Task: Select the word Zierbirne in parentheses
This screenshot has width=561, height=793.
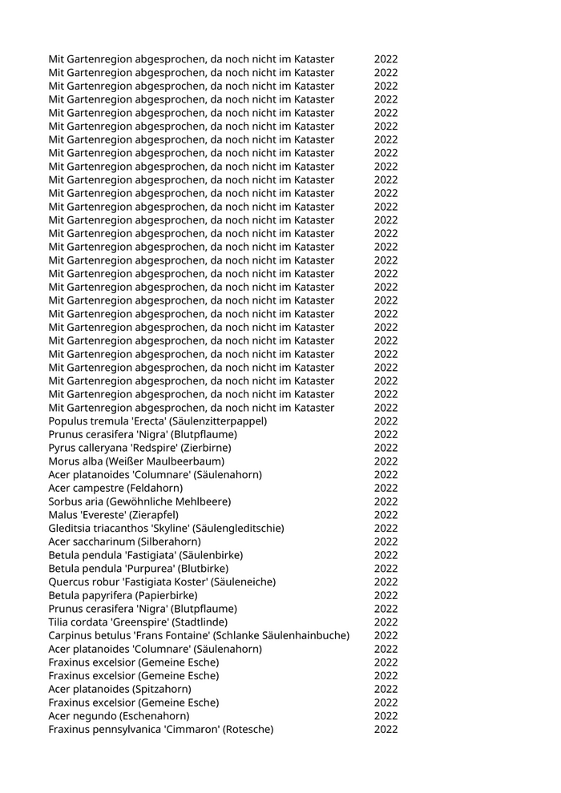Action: coord(208,448)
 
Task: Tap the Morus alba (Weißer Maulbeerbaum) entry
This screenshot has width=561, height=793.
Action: coord(136,461)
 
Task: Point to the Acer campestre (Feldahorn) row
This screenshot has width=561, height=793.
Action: coord(115,488)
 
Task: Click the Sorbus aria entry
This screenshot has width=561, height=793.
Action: coord(139,501)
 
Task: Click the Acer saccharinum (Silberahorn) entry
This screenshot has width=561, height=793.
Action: coord(124,541)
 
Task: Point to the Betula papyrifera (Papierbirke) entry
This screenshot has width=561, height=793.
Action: coord(123,595)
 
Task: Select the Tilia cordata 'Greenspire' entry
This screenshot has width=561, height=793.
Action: coord(138,622)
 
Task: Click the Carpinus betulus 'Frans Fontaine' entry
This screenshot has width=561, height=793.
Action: coord(199,635)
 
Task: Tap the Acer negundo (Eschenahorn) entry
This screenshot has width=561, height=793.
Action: coord(119,716)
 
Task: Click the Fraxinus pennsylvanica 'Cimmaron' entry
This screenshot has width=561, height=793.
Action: coord(160,729)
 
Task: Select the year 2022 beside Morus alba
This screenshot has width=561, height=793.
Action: coord(385,461)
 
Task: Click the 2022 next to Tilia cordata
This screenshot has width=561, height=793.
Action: coord(385,622)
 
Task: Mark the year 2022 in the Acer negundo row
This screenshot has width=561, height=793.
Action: coord(385,716)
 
